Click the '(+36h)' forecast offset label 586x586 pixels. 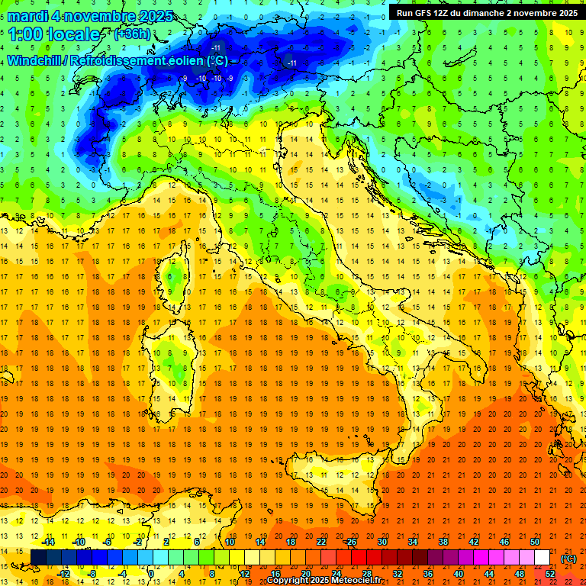coord(132,34)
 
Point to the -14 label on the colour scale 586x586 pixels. coord(47,542)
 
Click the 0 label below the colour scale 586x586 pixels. coord(151,573)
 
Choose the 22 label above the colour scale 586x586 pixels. coord(320,542)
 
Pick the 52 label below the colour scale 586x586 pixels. coord(549,573)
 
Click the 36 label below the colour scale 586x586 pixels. coord(428,573)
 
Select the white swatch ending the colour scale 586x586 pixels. coord(542,557)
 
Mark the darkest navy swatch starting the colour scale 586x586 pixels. coord(38,557)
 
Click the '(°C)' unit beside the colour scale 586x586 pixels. coord(568,558)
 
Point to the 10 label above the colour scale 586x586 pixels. coord(230,542)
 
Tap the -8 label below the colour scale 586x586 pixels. coord(92,573)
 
